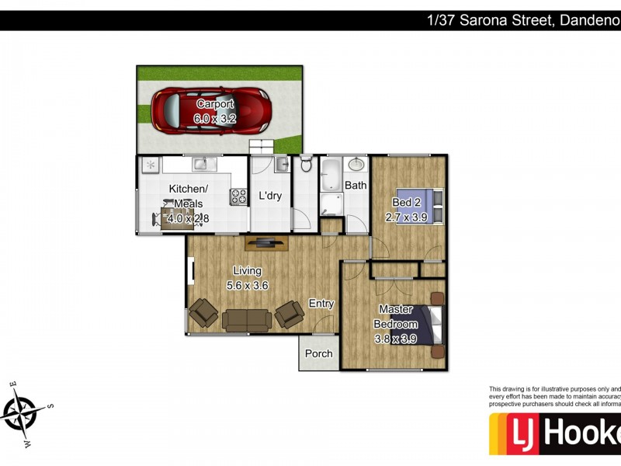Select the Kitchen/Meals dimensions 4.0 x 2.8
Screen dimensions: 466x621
tap(189, 219)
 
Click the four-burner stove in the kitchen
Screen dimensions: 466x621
tap(238, 198)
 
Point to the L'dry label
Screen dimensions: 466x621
tap(270, 196)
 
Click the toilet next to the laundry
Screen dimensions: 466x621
tap(306, 164)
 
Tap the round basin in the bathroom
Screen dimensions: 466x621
tap(356, 165)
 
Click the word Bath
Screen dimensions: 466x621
tap(356, 186)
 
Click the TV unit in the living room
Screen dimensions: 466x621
tap(267, 243)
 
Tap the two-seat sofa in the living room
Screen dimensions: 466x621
tap(247, 320)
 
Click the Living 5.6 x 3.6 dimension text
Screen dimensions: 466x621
tap(247, 286)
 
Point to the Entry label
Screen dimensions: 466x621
tap(321, 304)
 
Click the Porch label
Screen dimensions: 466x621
tap(318, 353)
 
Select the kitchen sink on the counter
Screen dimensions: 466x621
tap(199, 163)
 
